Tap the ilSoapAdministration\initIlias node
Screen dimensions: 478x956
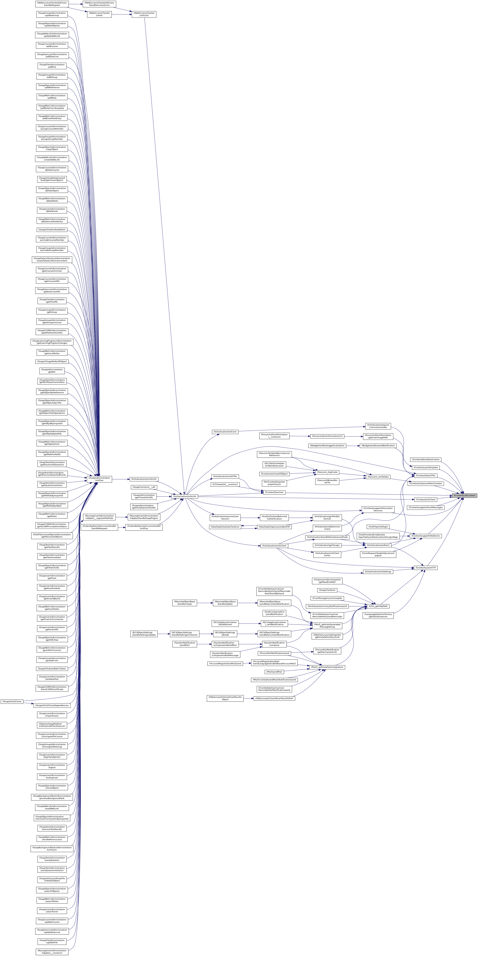point(100,479)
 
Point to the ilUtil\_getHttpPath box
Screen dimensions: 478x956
point(377,606)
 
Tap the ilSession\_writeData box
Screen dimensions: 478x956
point(378,477)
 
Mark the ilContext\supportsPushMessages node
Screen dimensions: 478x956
point(425,507)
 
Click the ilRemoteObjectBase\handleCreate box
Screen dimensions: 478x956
point(185,603)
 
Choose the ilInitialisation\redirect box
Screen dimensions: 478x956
point(378,545)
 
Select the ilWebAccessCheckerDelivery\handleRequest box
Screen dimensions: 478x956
point(52,4)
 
